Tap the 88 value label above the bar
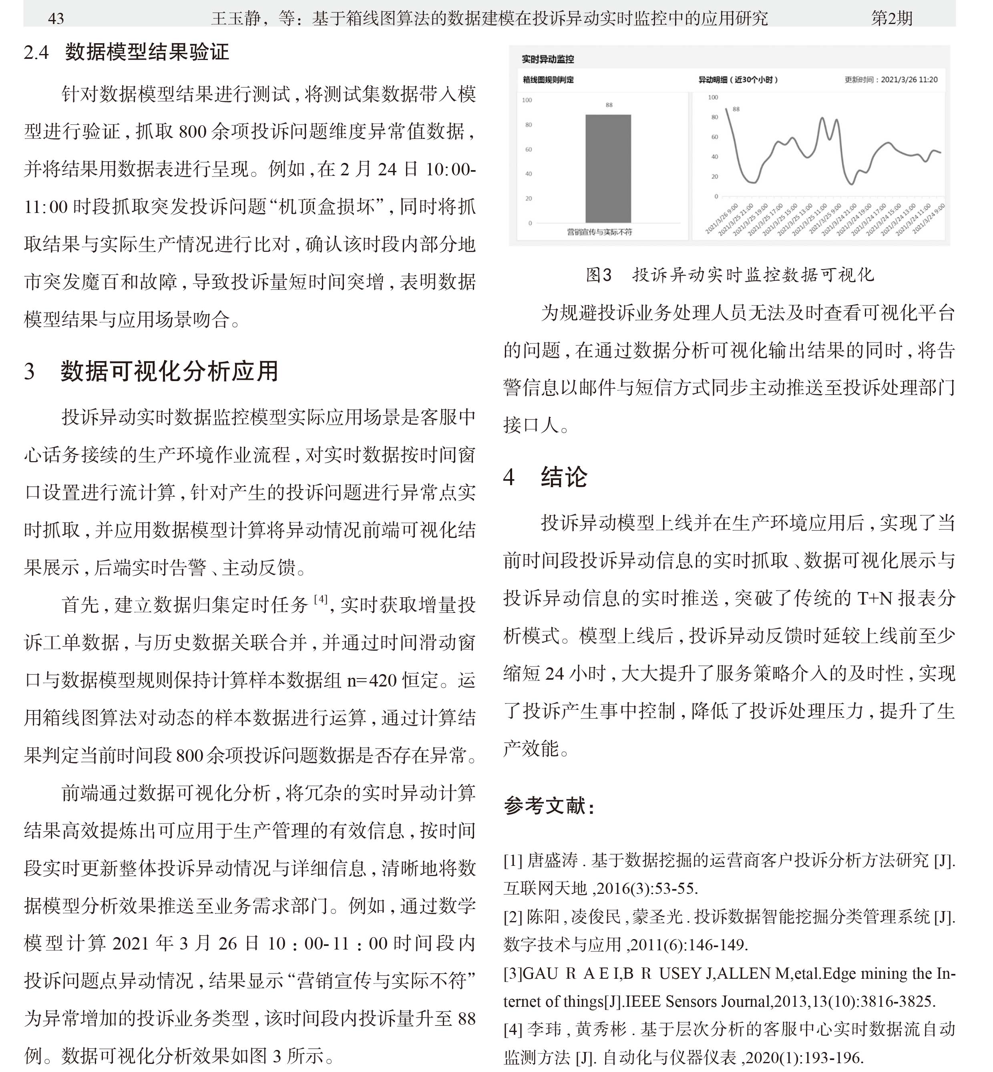tap(609, 105)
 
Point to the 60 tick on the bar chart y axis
tap(529, 149)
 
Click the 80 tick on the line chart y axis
tap(715, 117)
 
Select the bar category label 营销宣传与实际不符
tap(599, 232)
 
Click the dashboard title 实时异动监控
tap(547, 59)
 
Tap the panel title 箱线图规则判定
tap(548, 80)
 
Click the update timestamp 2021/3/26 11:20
tap(909, 80)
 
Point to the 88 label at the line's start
tap(736, 109)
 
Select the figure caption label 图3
tap(598, 275)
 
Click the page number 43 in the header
tap(56, 19)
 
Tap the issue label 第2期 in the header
tap(891, 19)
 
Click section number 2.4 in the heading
tap(36, 52)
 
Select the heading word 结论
tap(564, 477)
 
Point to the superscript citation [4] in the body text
tap(320, 599)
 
